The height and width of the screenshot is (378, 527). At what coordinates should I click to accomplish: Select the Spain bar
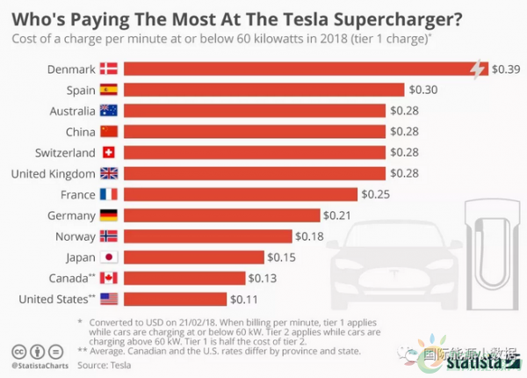[263, 90]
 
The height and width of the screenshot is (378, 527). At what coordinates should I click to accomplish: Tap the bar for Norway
[207, 236]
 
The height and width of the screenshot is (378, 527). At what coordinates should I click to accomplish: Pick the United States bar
[175, 299]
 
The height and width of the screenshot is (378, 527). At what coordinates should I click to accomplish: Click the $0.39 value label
[505, 69]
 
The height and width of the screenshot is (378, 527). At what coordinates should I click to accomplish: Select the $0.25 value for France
[375, 194]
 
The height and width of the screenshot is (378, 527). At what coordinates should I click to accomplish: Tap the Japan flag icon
[109, 257]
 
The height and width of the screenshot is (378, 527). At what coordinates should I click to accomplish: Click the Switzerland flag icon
[109, 152]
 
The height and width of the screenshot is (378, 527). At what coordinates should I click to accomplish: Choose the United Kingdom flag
[109, 173]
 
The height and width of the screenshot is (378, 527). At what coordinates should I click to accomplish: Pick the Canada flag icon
[109, 278]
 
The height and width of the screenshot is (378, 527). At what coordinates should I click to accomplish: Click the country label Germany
[71, 215]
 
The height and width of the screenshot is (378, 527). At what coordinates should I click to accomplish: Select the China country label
[78, 132]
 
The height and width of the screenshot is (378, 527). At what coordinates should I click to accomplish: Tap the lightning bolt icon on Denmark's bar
[478, 69]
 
